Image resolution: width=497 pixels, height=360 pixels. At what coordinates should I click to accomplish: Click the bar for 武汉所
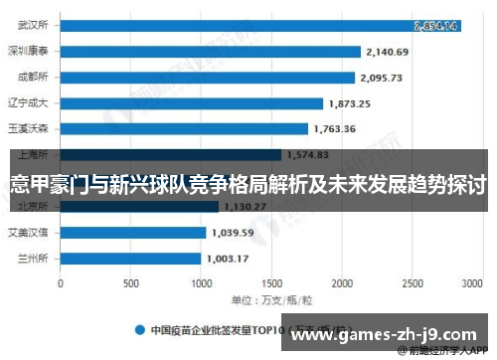click(258, 25)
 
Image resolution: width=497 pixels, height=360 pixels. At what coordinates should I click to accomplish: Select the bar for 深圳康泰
click(210, 51)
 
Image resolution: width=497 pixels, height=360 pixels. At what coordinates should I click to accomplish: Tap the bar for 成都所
click(207, 77)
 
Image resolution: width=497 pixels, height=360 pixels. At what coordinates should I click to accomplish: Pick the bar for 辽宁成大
click(192, 102)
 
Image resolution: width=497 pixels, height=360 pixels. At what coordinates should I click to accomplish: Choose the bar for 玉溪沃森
click(184, 128)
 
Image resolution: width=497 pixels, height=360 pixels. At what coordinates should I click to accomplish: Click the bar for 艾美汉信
click(133, 232)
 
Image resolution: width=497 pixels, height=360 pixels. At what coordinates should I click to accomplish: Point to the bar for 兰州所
click(131, 258)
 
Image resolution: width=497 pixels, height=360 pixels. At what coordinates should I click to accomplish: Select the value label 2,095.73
click(383, 77)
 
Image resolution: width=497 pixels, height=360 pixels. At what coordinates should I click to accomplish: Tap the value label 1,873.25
click(351, 102)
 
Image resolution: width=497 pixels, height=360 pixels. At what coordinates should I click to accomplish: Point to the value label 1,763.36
click(335, 128)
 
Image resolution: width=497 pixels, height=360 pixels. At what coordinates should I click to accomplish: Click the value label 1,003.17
click(229, 258)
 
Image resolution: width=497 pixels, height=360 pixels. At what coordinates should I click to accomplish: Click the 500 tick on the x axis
click(131, 282)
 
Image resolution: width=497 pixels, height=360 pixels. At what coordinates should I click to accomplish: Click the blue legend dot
click(140, 328)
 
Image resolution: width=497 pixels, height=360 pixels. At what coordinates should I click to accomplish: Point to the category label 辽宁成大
click(34, 102)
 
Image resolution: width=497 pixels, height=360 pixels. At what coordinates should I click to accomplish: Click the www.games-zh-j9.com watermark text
click(388, 332)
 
